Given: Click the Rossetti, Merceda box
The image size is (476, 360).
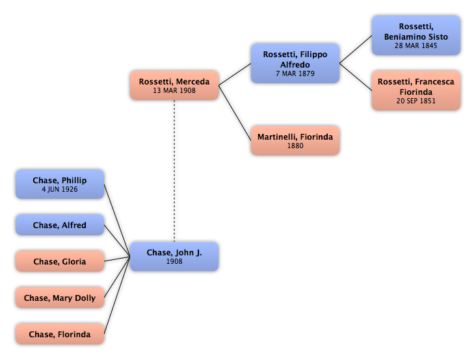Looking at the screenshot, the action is [174, 86].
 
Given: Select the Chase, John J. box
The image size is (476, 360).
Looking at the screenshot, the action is [174, 257].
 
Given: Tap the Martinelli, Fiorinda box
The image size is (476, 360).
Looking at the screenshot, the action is [295, 141].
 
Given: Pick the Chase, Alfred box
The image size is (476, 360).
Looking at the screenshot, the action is [60, 225].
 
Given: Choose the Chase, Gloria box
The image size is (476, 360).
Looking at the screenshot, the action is [60, 261].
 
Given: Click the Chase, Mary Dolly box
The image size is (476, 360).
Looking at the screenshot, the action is [60, 298].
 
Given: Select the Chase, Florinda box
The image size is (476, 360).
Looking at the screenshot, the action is [60, 334].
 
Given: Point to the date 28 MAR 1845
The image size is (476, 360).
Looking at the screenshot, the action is [416, 45].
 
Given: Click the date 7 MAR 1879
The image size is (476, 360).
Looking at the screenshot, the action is [295, 73].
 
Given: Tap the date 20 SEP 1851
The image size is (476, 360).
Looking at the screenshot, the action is [416, 101].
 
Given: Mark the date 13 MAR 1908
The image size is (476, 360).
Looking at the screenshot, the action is [174, 91].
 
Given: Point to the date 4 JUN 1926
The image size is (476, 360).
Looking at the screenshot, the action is [60, 190].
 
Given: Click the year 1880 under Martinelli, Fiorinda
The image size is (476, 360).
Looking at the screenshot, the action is [295, 146].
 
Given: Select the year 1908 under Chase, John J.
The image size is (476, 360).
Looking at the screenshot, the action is [174, 262].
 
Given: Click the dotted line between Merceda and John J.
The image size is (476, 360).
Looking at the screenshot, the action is [174, 171].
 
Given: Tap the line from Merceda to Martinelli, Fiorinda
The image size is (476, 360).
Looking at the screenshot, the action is [235, 113].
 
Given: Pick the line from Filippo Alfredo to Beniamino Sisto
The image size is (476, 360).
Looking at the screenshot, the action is [356, 49].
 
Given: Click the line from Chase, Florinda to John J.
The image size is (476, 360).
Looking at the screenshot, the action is [117, 296].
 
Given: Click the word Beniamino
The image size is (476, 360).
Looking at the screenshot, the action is [401, 37].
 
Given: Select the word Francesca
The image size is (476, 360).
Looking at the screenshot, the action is [434, 82].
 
